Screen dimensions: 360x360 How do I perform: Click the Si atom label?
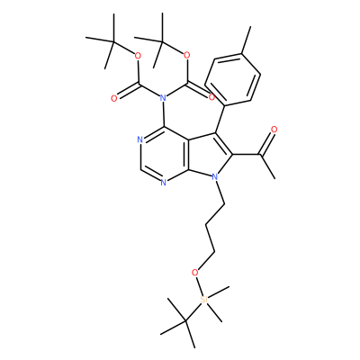click(204, 299)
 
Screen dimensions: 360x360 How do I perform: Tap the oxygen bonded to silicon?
click(195, 273)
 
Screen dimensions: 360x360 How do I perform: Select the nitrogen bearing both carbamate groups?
click(163, 97)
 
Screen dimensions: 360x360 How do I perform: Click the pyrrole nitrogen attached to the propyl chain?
click(215, 177)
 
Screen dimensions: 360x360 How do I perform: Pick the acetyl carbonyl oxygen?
click(274, 130)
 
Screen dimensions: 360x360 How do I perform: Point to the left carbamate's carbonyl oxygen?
click(113, 99)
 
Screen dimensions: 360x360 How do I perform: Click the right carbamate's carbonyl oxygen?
click(211, 97)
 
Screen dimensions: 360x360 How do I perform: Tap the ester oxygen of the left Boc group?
click(138, 56)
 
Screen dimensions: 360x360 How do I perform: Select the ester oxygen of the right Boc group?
click(187, 55)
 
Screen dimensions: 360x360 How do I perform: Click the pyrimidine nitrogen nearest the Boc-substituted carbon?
click(139, 139)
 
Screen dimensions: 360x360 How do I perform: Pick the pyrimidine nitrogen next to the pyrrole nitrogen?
click(163, 182)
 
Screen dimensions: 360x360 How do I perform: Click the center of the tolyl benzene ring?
click(232, 79)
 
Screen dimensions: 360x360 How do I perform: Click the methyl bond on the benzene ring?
click(246, 40)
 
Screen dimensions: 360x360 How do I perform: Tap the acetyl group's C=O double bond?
click(267, 143)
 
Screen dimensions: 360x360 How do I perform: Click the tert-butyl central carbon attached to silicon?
click(185, 321)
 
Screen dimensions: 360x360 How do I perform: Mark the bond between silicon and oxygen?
click(200, 286)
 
